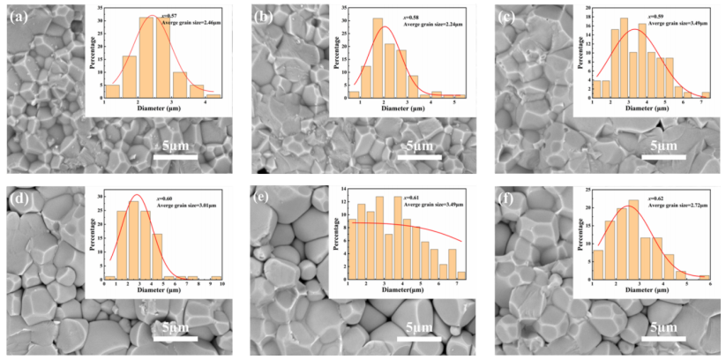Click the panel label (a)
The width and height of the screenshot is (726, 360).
[x=18, y=16]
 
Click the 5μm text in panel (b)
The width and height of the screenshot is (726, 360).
[x=421, y=143]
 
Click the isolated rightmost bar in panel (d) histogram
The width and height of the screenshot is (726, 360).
[x=216, y=277]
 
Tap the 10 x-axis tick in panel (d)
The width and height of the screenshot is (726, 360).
[x=223, y=284]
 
